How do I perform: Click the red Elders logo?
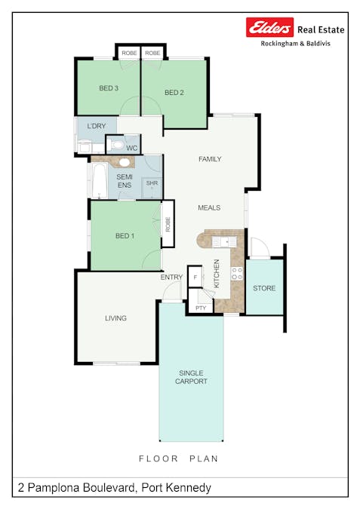click(x=269, y=27)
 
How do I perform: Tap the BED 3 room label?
click(x=109, y=88)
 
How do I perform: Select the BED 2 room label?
click(x=174, y=93)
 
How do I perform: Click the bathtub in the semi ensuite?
click(x=99, y=180)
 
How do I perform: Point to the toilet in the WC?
click(x=116, y=145)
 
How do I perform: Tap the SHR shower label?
click(x=152, y=183)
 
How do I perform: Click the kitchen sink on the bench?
click(x=224, y=241)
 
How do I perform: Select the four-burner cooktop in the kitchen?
click(x=237, y=273)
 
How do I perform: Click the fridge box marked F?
click(x=195, y=277)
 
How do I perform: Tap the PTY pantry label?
click(x=201, y=308)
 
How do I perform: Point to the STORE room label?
click(x=264, y=288)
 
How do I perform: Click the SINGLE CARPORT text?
click(x=191, y=377)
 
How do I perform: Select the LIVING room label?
click(x=115, y=318)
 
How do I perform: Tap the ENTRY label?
click(x=171, y=277)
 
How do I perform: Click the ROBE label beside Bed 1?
click(x=168, y=224)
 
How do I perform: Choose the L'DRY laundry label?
click(x=97, y=126)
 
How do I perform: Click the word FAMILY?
click(x=210, y=159)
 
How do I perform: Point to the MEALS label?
click(x=209, y=208)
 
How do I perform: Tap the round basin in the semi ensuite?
click(x=124, y=162)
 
